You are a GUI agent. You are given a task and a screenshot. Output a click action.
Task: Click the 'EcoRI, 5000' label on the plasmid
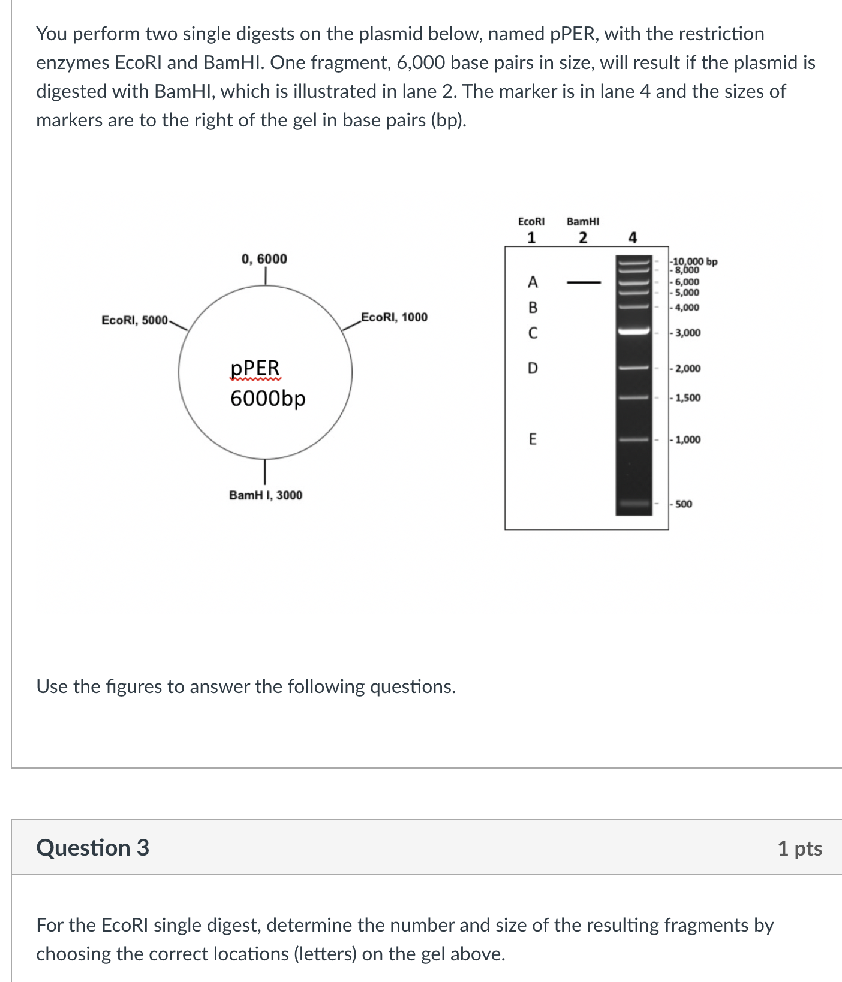click(x=135, y=320)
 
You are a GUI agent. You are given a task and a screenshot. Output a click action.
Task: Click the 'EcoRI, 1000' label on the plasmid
click(x=394, y=317)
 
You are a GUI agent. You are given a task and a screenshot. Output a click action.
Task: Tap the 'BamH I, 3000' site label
click(x=266, y=495)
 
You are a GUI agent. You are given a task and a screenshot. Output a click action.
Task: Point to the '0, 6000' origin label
click(x=264, y=259)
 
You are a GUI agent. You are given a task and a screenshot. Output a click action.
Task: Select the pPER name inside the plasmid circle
click(x=255, y=368)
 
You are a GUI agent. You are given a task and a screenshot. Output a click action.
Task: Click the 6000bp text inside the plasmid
click(x=267, y=398)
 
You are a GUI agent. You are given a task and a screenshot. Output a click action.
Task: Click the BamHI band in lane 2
click(x=584, y=282)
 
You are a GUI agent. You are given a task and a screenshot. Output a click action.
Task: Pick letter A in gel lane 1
click(x=533, y=282)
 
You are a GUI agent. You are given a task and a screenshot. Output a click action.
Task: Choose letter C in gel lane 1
click(x=533, y=333)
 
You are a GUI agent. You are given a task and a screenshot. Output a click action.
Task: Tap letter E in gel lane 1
click(x=533, y=439)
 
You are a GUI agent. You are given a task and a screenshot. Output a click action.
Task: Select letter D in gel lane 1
click(x=533, y=368)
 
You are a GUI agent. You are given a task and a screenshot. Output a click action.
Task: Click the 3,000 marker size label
click(x=687, y=333)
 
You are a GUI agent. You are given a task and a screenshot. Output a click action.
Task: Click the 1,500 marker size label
click(x=687, y=398)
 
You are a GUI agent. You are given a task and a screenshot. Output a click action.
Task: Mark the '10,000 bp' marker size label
click(x=695, y=261)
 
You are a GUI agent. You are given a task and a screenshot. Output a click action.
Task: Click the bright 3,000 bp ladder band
click(x=634, y=331)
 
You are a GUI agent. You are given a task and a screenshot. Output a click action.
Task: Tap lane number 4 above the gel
click(x=633, y=238)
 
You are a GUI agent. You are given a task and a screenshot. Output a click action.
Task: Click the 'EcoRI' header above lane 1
click(x=531, y=222)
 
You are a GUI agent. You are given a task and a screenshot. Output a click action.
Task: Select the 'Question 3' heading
click(x=92, y=848)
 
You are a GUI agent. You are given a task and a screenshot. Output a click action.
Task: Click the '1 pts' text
click(x=799, y=848)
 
